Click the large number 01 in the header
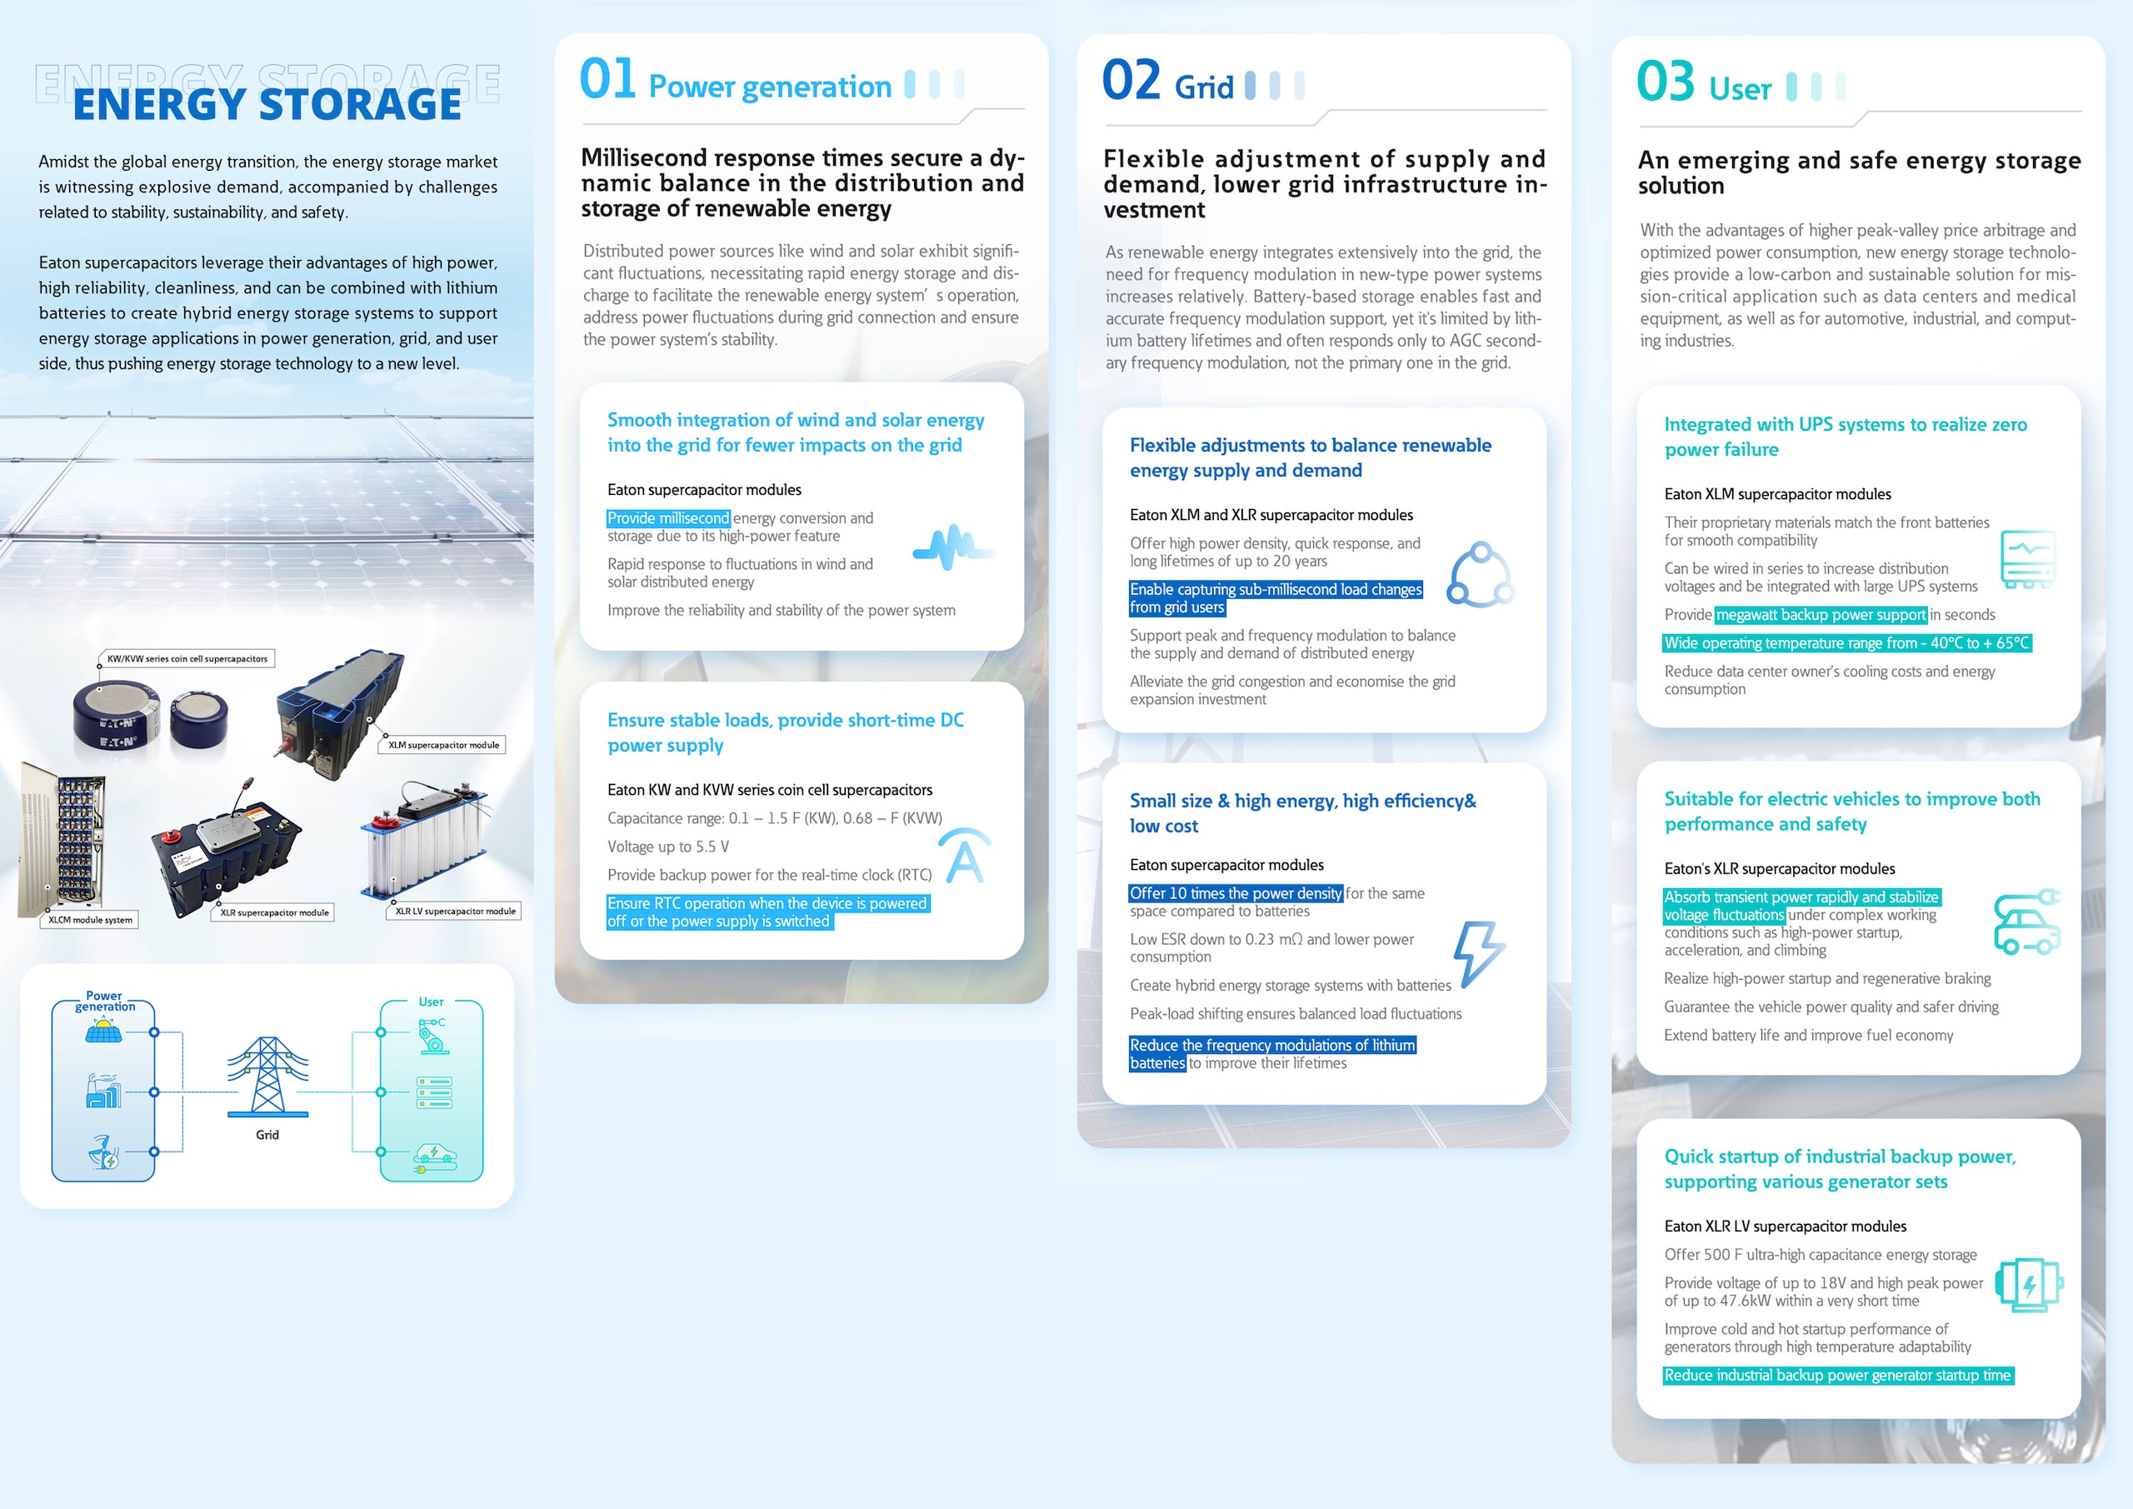(607, 79)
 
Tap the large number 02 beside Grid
(1131, 81)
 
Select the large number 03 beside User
(1666, 82)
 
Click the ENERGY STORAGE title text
(267, 103)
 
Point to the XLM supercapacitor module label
(443, 745)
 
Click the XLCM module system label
(90, 920)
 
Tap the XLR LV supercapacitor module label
(455, 912)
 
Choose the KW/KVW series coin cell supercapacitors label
(187, 659)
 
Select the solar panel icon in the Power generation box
(103, 1031)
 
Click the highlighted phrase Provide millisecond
(668, 518)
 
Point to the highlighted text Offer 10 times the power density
(1236, 894)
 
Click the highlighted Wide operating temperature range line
(1846, 643)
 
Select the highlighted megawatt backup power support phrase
(1820, 615)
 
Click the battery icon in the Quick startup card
(2030, 1286)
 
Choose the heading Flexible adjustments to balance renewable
(1310, 445)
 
